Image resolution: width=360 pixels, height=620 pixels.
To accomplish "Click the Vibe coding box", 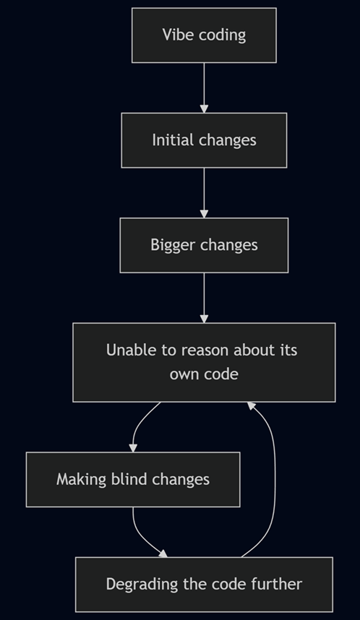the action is [204, 35].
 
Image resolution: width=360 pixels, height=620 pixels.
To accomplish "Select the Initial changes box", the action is [204, 140].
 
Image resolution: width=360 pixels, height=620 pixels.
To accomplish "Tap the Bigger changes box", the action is [204, 245].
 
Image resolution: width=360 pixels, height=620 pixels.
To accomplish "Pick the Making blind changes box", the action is [133, 480].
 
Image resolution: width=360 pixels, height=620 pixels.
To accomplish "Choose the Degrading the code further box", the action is [204, 585].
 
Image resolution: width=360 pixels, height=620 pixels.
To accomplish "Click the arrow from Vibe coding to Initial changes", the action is [204, 87].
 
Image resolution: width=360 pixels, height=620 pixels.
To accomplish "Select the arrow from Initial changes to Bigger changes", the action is [204, 193].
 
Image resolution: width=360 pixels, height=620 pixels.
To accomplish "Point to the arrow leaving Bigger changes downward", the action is [204, 298].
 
